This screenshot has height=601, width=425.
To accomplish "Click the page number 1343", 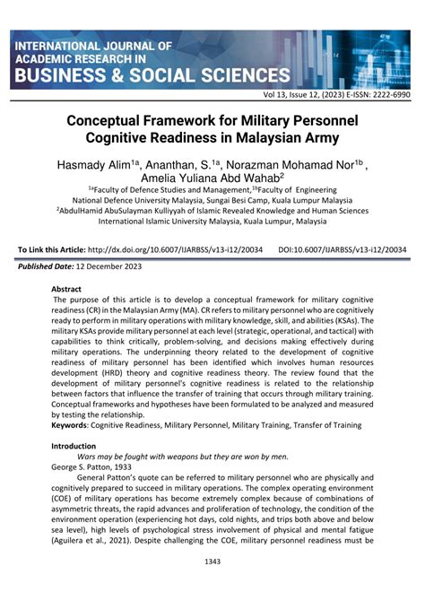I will tap(212, 587).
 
